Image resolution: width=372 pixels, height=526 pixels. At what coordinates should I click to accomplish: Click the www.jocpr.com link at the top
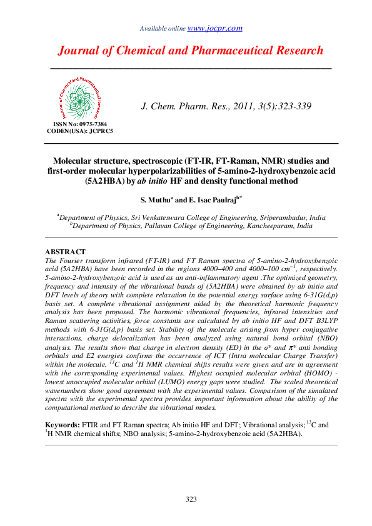215,28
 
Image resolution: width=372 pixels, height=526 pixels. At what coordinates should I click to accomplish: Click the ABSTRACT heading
66,252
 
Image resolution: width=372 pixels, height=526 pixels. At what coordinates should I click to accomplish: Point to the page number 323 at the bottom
191,499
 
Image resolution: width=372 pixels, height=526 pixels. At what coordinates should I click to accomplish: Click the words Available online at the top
163,29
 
